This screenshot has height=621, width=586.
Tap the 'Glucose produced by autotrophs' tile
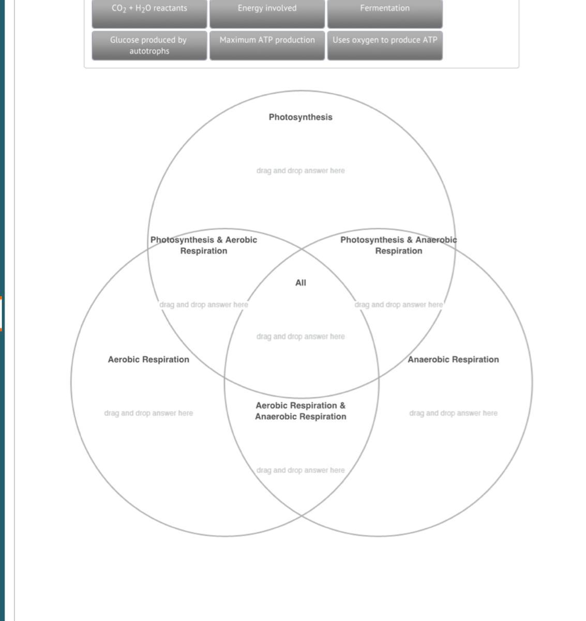149,46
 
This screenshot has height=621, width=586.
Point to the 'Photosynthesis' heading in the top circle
300,117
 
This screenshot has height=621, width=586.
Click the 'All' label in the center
300,283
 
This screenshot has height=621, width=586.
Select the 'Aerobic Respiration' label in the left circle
148,360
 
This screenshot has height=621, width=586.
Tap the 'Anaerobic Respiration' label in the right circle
453,360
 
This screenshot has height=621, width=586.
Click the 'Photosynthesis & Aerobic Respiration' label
204,245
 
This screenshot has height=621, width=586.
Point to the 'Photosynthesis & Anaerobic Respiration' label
398,245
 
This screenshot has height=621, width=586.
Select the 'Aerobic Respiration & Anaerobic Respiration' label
300,411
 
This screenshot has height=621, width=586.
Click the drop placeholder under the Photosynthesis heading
300,171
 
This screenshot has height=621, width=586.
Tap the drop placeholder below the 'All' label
300,337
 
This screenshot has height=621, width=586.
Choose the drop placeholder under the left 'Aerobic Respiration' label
148,413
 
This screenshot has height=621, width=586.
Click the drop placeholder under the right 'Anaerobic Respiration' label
453,413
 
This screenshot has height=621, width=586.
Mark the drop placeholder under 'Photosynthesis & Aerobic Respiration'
204,305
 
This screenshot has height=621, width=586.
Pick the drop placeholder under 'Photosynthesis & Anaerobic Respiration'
398,305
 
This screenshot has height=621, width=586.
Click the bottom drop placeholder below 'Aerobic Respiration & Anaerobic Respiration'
300,470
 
